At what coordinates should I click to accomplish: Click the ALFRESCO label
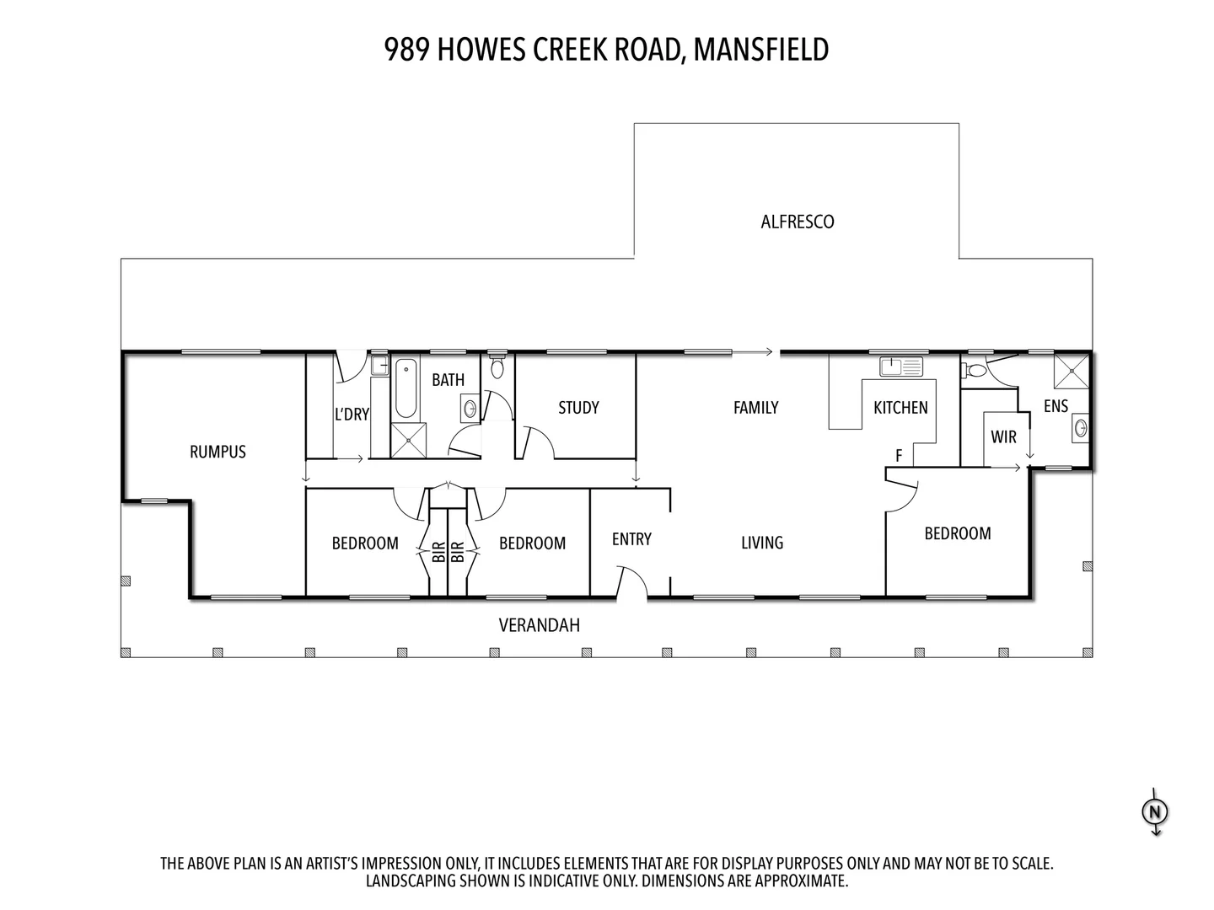[797, 222]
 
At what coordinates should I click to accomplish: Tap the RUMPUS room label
[218, 452]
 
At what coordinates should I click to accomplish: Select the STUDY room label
[578, 408]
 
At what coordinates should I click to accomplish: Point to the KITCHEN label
[900, 408]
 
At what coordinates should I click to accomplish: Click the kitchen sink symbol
[901, 367]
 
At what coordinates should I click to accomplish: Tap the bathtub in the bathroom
[406, 388]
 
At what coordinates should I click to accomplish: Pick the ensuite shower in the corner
[1072, 372]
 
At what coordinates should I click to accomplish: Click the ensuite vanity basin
[1081, 428]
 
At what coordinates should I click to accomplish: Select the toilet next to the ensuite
[974, 370]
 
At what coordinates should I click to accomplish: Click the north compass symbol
[1155, 812]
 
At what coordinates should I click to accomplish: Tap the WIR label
[1003, 437]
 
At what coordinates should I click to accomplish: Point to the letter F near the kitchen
[899, 455]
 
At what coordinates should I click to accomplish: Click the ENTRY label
[631, 538]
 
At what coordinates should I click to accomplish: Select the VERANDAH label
[540, 625]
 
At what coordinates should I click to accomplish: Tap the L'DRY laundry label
[352, 414]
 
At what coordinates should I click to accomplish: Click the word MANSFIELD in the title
[761, 50]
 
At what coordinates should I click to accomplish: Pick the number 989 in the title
[406, 50]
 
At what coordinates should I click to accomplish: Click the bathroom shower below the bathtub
[409, 441]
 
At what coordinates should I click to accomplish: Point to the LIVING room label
[762, 543]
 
